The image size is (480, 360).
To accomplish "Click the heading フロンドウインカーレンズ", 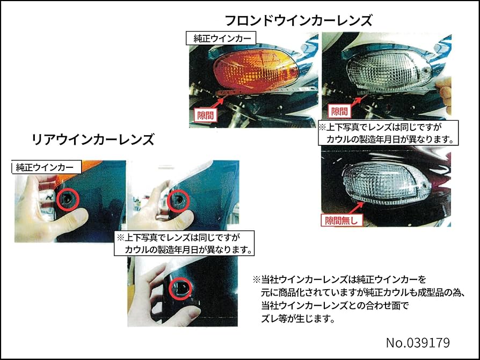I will pos(298,20).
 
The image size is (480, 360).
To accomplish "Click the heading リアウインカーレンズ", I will pos(93,139).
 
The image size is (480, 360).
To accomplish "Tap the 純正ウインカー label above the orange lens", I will pos(221,39).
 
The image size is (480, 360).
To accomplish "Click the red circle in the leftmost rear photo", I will pos(68,199).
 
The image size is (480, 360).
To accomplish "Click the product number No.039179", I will pos(417,342).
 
